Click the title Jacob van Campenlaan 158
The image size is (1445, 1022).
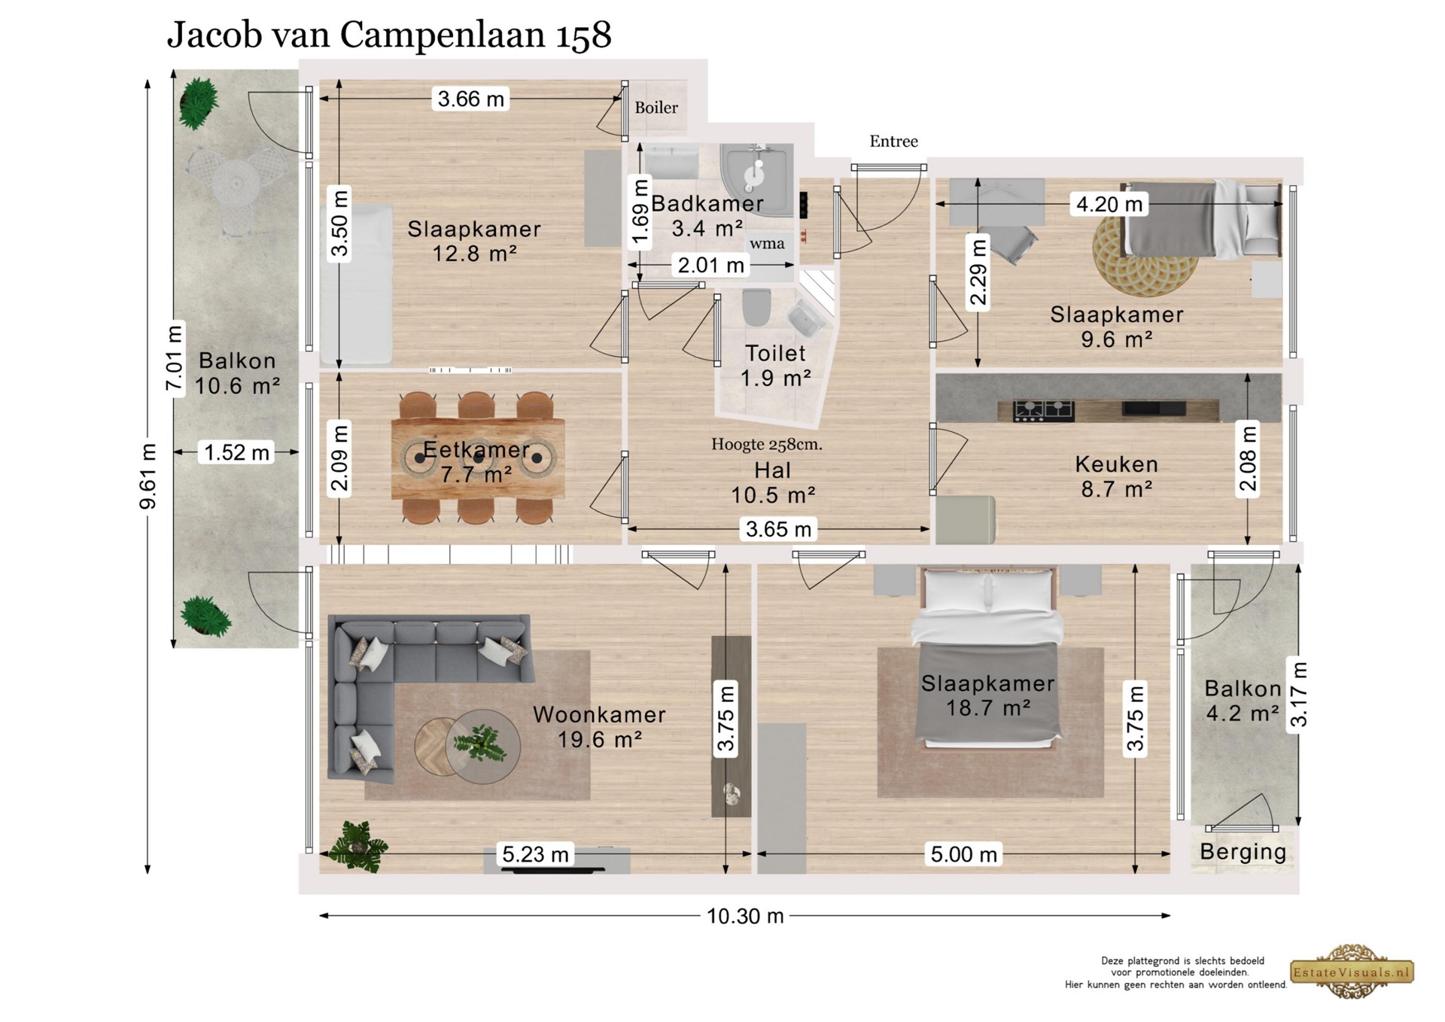pos(389,35)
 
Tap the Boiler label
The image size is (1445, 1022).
pos(656,108)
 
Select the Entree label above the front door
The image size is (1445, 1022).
pos(893,141)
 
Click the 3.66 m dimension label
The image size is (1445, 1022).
pos(471,99)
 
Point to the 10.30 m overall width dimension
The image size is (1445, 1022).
pos(745,916)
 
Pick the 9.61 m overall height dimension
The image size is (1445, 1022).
pos(148,476)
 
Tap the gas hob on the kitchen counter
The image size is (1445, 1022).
pos(1043,410)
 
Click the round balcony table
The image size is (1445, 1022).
pos(235,183)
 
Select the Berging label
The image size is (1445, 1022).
pos(1243,852)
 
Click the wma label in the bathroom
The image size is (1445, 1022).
pos(767,244)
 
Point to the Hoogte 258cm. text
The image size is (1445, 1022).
pos(767,445)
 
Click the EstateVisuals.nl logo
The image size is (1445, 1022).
pos(1352,972)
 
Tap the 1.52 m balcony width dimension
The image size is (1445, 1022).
pos(237,452)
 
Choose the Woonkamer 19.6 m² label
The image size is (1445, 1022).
pos(599,727)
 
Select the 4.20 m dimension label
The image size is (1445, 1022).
pos(1109,204)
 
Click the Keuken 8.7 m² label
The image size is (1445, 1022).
pos(1117,477)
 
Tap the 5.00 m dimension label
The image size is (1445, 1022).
pos(964,854)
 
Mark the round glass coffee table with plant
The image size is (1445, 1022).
pos(482,747)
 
